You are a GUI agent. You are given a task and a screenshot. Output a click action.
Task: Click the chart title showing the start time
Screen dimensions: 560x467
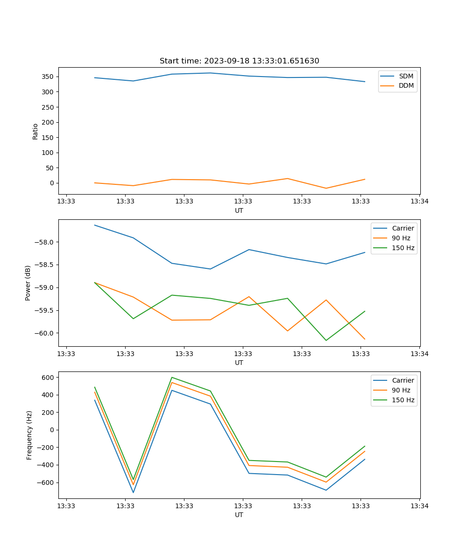click(x=239, y=61)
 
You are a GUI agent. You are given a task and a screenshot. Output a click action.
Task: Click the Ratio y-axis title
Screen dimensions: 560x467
click(x=35, y=132)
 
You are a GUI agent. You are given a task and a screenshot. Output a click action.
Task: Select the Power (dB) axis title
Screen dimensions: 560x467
click(x=28, y=283)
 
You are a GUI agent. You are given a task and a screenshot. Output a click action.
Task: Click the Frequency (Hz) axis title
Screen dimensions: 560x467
click(x=29, y=435)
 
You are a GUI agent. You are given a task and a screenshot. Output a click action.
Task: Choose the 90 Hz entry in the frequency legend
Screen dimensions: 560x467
click(x=401, y=390)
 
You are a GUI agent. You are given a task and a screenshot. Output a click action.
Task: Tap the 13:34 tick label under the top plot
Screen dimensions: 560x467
click(x=419, y=202)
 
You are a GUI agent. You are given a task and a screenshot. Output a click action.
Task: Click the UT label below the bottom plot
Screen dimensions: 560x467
click(x=239, y=515)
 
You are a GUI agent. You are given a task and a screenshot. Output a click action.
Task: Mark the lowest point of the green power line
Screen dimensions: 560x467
click(x=326, y=340)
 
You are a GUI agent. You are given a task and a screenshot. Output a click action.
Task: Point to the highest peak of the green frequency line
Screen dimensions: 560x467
click(x=172, y=377)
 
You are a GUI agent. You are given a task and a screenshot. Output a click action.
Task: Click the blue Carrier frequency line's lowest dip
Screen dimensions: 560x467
click(x=133, y=492)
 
